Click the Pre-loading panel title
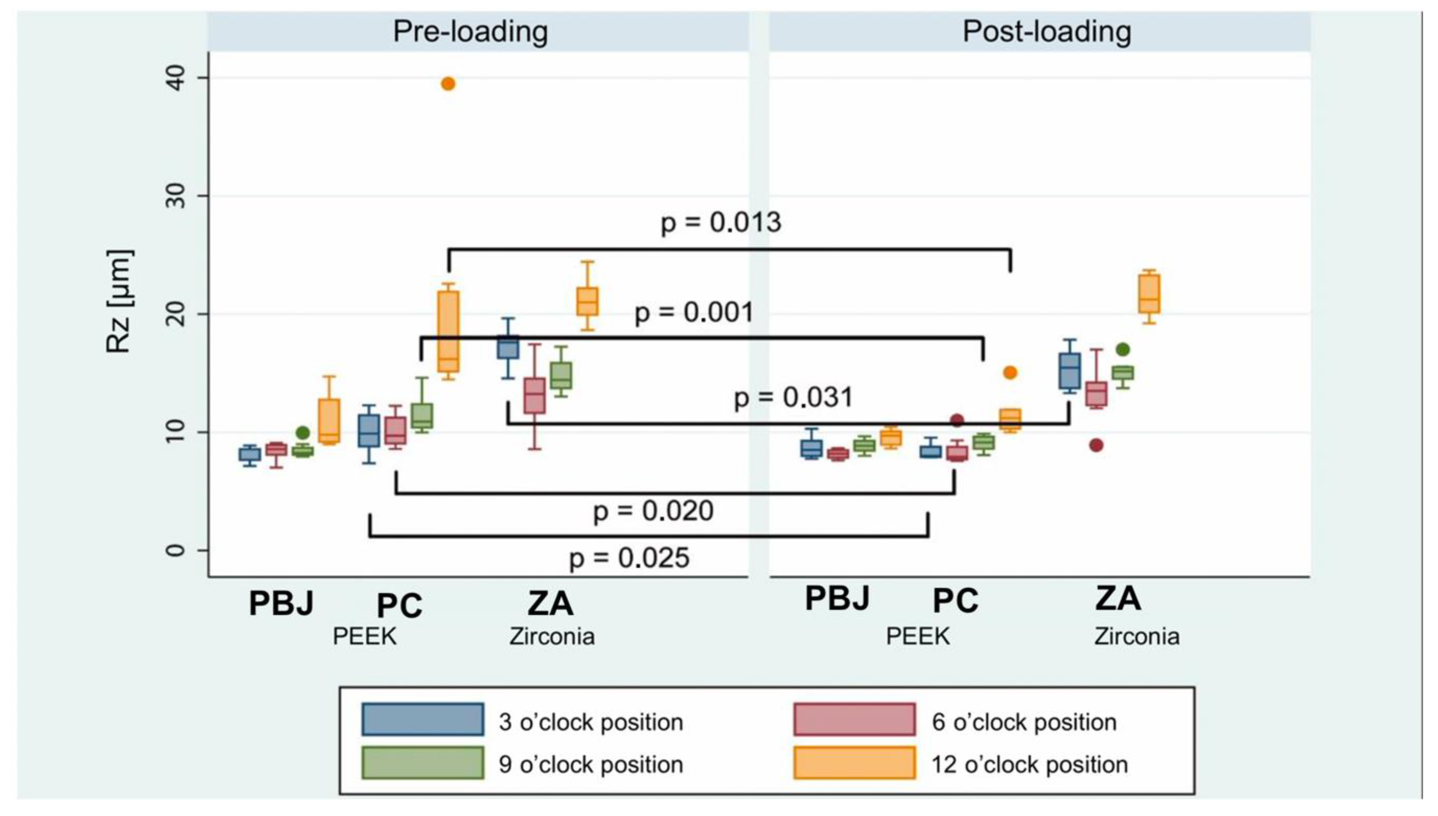(470, 31)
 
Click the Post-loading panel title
(1046, 31)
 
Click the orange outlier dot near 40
(448, 84)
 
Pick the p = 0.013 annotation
(720, 222)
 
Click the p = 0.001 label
(694, 312)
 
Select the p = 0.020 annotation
(653, 511)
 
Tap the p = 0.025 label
(629, 558)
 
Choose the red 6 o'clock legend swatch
(854, 719)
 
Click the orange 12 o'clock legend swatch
(854, 762)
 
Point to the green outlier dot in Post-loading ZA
(1122, 349)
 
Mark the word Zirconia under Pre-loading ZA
(552, 636)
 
